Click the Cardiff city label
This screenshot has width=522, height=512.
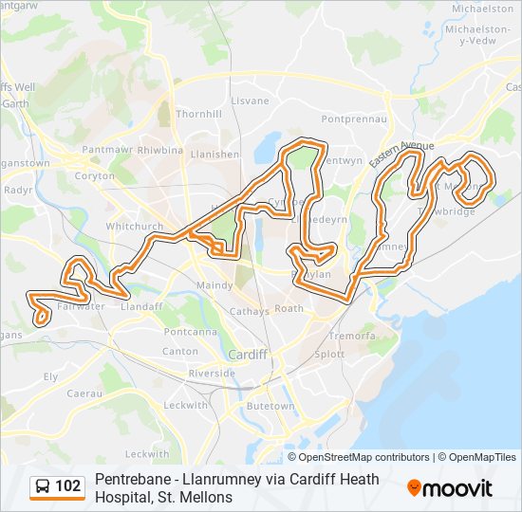click(247, 354)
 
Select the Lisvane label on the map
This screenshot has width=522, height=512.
click(251, 101)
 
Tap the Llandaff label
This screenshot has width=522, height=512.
click(143, 306)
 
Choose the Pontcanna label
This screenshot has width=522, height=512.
click(187, 332)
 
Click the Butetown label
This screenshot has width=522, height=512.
click(270, 406)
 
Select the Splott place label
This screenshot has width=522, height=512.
click(330, 354)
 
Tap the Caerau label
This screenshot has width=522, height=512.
click(84, 393)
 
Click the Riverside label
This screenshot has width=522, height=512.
click(212, 374)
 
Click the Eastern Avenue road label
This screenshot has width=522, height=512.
click(402, 153)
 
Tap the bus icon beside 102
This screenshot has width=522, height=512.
click(43, 487)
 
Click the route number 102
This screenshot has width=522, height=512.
click(68, 487)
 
